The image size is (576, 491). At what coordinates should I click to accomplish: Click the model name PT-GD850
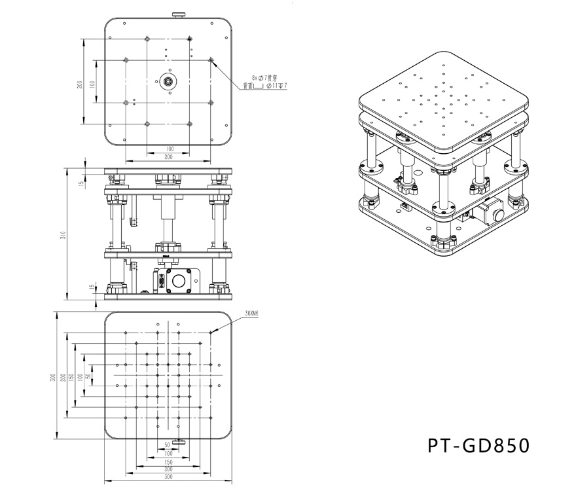click(x=477, y=446)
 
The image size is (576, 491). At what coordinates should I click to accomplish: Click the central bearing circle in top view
click(x=168, y=82)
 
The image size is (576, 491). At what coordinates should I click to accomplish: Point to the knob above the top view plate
click(x=177, y=14)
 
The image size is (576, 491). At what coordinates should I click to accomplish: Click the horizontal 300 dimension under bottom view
click(x=168, y=477)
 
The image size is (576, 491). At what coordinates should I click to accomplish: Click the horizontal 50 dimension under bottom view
click(x=168, y=445)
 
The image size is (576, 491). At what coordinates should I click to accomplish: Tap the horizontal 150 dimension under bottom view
click(x=168, y=461)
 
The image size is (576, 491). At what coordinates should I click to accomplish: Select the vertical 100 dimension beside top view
click(x=92, y=83)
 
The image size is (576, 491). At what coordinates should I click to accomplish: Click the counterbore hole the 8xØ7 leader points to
click(x=211, y=60)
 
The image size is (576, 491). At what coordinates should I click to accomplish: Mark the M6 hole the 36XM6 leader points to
click(x=211, y=333)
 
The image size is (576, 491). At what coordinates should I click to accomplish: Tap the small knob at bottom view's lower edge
click(x=179, y=441)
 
